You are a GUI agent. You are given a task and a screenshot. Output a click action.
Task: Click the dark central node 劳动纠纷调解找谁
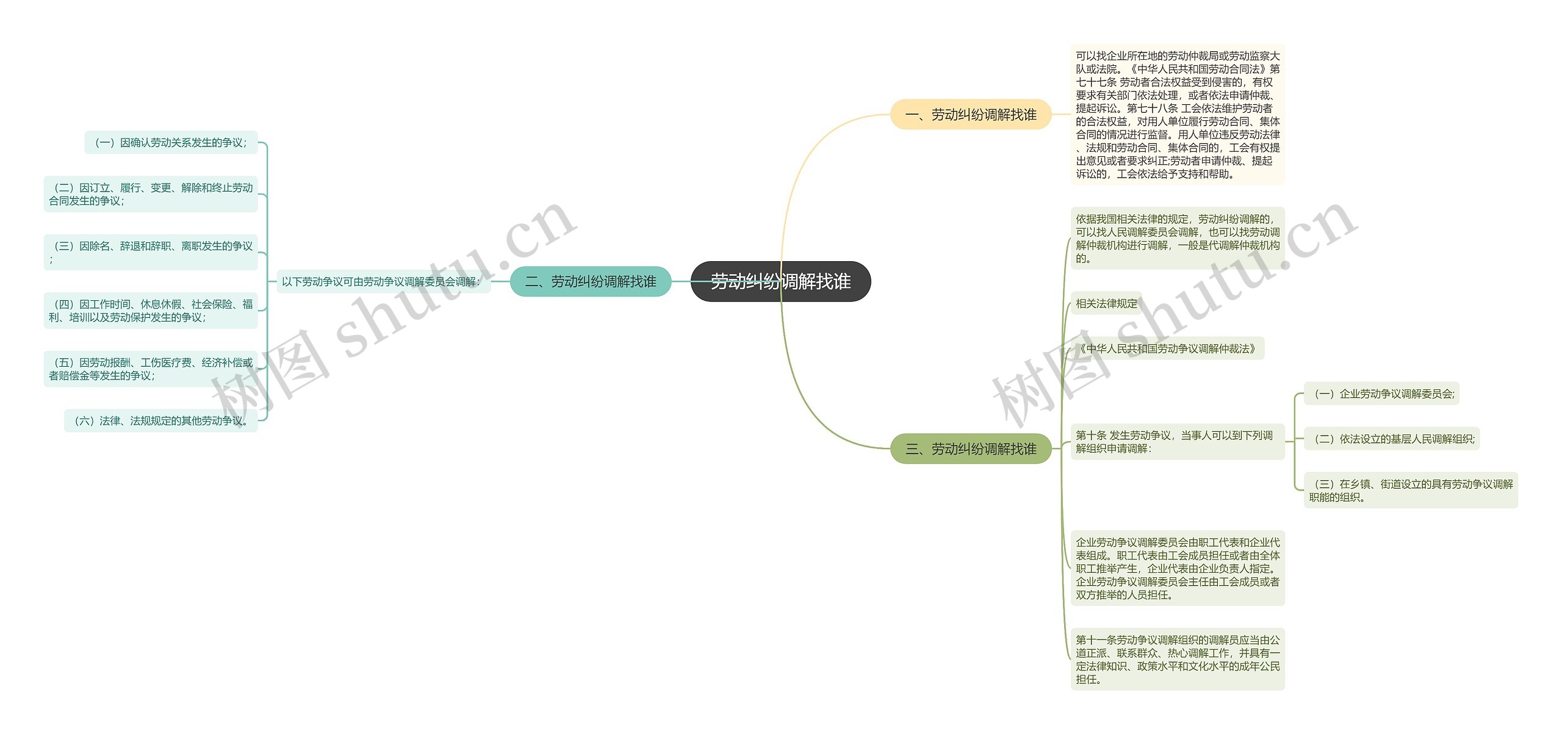coord(780,281)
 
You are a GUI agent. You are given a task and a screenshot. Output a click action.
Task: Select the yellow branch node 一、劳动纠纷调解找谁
coord(971,115)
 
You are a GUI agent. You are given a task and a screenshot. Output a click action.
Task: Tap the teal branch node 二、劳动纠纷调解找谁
coord(590,281)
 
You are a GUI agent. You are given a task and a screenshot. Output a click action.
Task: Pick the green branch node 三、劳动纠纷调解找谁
coord(971,449)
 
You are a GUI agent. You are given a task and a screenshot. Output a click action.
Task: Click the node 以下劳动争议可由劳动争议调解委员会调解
coord(383,282)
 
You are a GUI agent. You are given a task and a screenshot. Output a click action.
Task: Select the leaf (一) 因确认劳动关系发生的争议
coord(171,143)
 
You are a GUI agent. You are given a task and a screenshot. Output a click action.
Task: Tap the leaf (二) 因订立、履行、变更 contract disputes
coord(151,194)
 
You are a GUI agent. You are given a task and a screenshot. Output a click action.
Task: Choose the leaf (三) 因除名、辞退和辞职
coord(151,252)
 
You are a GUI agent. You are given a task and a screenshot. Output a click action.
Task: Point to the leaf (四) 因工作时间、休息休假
coord(151,311)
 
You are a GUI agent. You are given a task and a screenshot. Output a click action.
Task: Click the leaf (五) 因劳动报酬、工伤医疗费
coord(151,369)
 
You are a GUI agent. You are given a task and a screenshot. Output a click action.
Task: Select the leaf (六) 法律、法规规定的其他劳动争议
coord(161,421)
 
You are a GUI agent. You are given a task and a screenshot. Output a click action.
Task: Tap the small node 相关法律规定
coord(1106,303)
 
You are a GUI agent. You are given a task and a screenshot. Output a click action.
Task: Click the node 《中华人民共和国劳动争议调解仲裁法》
coord(1167,348)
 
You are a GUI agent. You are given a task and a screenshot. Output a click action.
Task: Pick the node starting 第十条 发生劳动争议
coord(1177,442)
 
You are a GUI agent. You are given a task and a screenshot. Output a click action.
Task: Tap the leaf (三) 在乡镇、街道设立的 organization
coord(1410,491)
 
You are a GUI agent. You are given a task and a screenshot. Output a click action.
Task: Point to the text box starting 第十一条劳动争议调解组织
coord(1177,659)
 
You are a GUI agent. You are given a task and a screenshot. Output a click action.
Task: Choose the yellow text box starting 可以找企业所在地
coord(1177,115)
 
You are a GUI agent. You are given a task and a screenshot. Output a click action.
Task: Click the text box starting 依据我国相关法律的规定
coord(1177,239)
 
